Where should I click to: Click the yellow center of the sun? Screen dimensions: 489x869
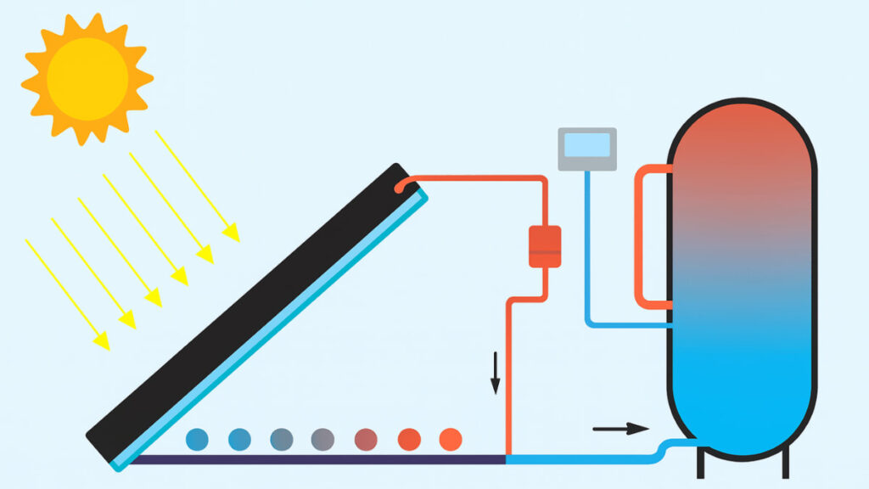[x=87, y=79]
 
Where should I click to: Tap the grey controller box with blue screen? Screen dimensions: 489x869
[x=586, y=149]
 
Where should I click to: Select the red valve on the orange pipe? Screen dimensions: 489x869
[x=545, y=246]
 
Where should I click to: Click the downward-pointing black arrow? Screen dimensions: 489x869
[x=495, y=374]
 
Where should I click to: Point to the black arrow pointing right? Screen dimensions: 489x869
[x=620, y=429]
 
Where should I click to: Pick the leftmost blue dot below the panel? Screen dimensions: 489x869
[x=197, y=439]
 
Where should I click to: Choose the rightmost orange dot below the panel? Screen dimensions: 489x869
[x=451, y=439]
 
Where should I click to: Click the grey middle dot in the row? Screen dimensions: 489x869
[x=322, y=439]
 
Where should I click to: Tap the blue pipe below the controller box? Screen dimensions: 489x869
[x=587, y=255]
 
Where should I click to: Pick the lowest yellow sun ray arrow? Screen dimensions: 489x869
[x=67, y=294]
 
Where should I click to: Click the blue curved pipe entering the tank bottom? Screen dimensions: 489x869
[x=670, y=448]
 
